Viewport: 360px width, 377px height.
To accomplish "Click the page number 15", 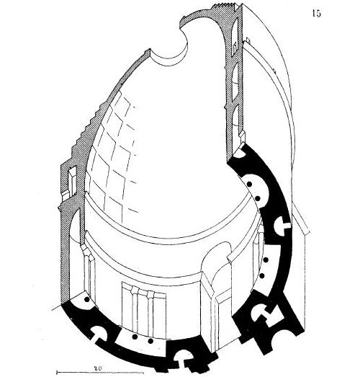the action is point(317,14).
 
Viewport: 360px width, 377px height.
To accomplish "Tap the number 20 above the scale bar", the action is point(98,368).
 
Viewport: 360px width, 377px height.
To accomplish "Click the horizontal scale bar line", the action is point(100,373).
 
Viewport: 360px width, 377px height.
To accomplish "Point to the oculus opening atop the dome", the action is point(168,49).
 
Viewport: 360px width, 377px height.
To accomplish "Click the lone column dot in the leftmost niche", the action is point(87,299).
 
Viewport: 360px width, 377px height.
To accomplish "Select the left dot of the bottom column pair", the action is point(135,337).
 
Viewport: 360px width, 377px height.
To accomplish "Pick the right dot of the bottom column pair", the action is point(150,341).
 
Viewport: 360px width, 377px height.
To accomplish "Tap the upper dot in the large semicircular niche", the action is point(249,185).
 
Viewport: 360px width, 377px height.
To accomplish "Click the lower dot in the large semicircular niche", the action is point(258,198).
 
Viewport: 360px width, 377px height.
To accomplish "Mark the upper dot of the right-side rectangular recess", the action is point(266,260).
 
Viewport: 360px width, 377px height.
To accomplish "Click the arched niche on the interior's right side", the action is point(216,277).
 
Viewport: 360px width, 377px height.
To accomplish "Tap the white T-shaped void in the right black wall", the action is point(281,226).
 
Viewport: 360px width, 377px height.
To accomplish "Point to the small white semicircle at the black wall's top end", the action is point(240,153).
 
